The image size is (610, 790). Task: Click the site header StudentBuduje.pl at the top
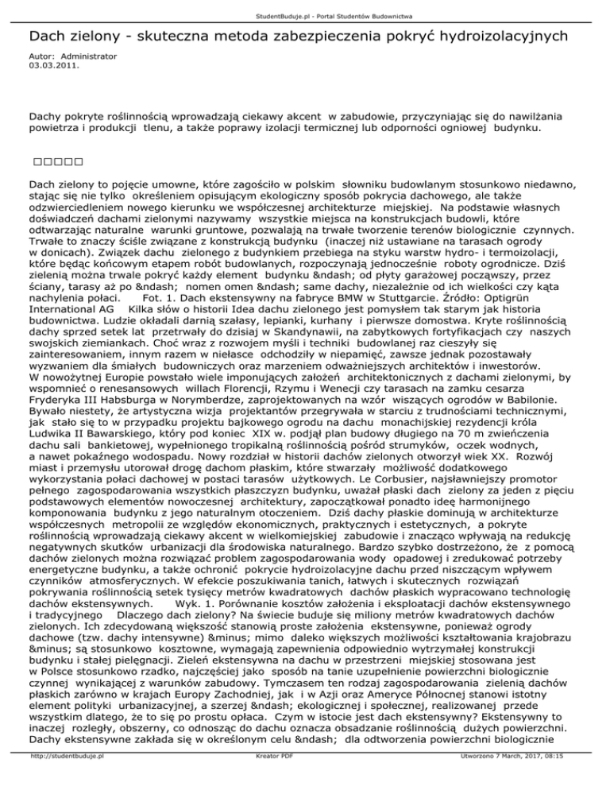(x=305, y=7)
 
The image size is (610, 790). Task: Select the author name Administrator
(x=89, y=56)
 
